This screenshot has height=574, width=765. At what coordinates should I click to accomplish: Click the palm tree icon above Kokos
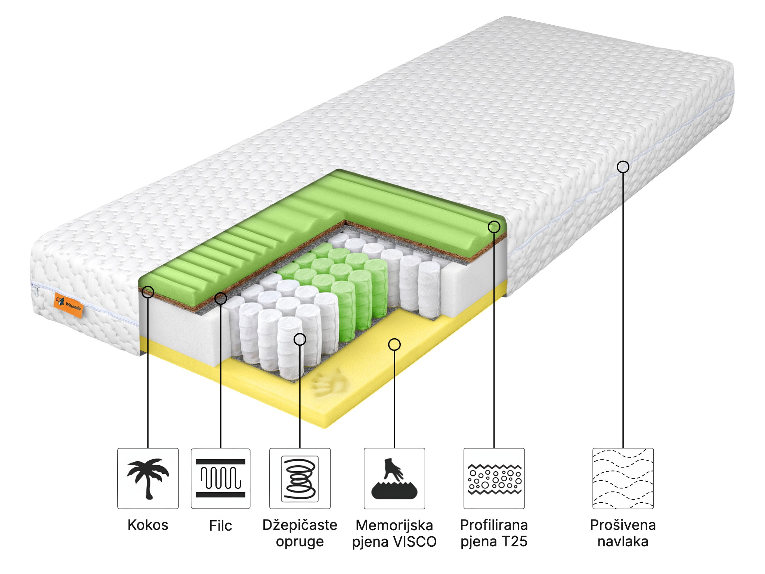[x=148, y=479]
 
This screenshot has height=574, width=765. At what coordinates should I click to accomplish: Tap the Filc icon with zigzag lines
[x=220, y=479]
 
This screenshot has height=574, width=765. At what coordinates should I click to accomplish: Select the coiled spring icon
[x=300, y=479]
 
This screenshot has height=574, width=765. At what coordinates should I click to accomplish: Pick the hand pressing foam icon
[x=394, y=479]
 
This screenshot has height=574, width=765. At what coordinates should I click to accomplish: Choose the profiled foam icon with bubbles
[x=494, y=479]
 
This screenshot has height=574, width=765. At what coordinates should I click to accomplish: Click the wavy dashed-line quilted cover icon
[x=623, y=479]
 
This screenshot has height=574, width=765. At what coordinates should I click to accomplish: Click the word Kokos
[x=148, y=525]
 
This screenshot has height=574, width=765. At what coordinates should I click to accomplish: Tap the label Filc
[x=220, y=526]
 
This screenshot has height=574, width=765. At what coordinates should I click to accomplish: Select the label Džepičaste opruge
[x=300, y=533]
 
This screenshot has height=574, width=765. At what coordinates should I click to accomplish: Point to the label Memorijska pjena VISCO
[x=394, y=533]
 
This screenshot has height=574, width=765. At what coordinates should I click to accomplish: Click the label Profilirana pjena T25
[x=494, y=533]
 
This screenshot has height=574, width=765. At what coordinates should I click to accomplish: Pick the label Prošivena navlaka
[x=623, y=533]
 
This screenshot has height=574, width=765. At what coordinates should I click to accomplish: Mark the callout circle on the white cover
[x=623, y=167]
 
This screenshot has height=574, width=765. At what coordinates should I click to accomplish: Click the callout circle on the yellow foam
[x=394, y=345]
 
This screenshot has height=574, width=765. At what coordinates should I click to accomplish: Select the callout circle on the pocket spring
[x=300, y=339]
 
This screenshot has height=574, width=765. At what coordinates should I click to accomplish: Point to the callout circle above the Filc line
[x=221, y=298]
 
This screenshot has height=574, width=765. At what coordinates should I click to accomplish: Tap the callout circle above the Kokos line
[x=148, y=292]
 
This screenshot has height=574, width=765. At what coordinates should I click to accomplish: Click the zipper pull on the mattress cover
[x=36, y=289]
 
